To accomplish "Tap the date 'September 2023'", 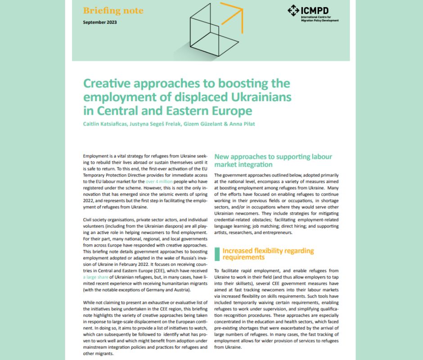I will point(99,22).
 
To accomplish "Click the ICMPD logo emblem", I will point(293,10).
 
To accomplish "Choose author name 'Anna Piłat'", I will point(242,124).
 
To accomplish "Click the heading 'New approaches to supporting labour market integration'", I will point(273,161).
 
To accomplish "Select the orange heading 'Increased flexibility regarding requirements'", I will point(268,254).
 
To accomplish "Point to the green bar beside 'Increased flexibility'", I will point(217,254).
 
